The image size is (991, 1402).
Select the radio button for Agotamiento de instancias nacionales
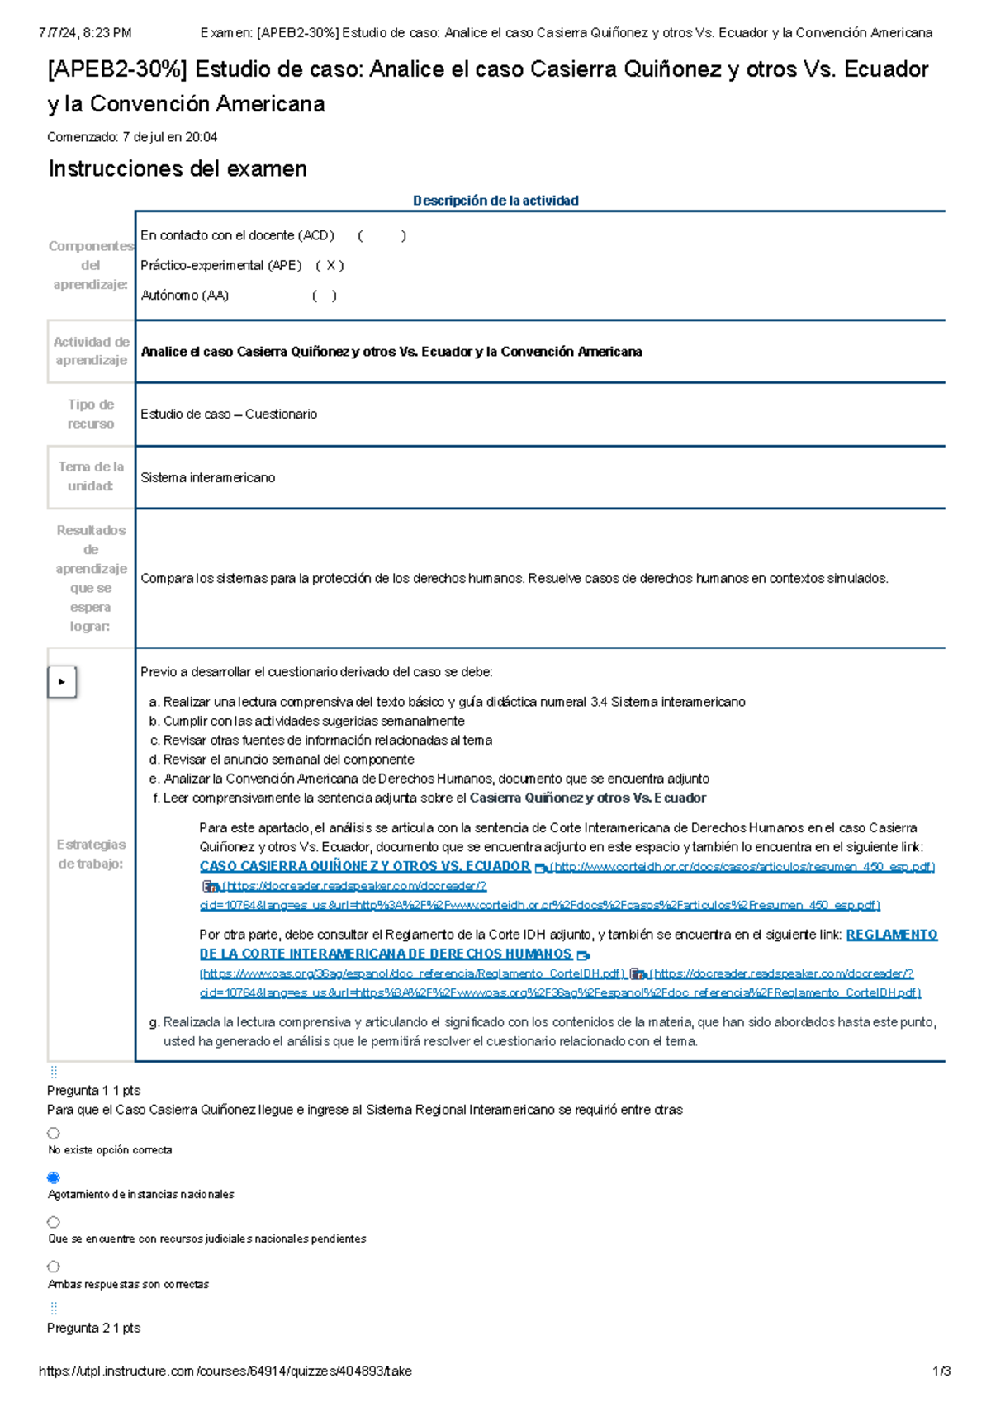coord(54,1177)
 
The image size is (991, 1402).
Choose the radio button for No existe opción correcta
coord(54,1133)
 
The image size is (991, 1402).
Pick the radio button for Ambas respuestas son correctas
coord(54,1266)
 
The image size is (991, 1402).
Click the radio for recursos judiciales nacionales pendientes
coord(54,1221)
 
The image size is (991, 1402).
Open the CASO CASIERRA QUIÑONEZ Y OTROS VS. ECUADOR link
coord(364,866)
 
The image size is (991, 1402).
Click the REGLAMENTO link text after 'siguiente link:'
coord(891,935)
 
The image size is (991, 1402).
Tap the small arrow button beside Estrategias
coord(62,682)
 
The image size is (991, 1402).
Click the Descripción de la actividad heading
coord(495,201)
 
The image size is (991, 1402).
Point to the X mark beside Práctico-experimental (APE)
coord(330,265)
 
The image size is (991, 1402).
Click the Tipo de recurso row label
coord(91,414)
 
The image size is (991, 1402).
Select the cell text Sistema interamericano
coord(207,477)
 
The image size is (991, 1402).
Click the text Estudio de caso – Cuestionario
coord(228,414)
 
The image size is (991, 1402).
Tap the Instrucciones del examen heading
coord(178,168)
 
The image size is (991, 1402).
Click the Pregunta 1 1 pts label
coord(93,1090)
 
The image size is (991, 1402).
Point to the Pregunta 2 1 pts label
coord(93,1328)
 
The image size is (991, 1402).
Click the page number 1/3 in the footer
coord(941,1371)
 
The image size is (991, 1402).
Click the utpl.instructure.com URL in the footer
coord(225,1371)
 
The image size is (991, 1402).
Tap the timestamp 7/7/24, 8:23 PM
coord(85,33)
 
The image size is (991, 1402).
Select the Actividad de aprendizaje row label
coord(91,351)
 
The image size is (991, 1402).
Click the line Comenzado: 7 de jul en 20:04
coord(132,137)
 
